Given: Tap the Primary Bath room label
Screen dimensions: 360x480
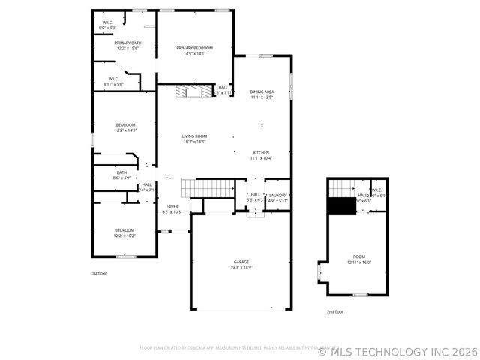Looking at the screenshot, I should (127, 43).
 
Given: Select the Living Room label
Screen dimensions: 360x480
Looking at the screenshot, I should (194, 136).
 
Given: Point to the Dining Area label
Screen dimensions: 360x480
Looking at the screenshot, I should (262, 91).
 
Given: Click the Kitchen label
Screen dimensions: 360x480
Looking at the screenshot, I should (260, 152).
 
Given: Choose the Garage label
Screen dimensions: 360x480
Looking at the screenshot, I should (241, 262).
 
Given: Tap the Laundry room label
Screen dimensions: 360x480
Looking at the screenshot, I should (277, 195).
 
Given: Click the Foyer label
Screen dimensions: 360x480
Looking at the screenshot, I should (172, 206).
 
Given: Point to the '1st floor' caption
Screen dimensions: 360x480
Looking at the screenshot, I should (99, 273).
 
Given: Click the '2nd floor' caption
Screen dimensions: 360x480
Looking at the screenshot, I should (334, 311).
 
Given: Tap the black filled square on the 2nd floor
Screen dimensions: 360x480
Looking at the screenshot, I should (343, 206).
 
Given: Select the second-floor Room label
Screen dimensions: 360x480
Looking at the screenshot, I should (359, 256).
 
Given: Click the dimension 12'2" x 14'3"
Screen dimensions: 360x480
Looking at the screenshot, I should (125, 130).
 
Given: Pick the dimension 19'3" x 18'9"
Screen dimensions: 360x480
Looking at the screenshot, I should (241, 267).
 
